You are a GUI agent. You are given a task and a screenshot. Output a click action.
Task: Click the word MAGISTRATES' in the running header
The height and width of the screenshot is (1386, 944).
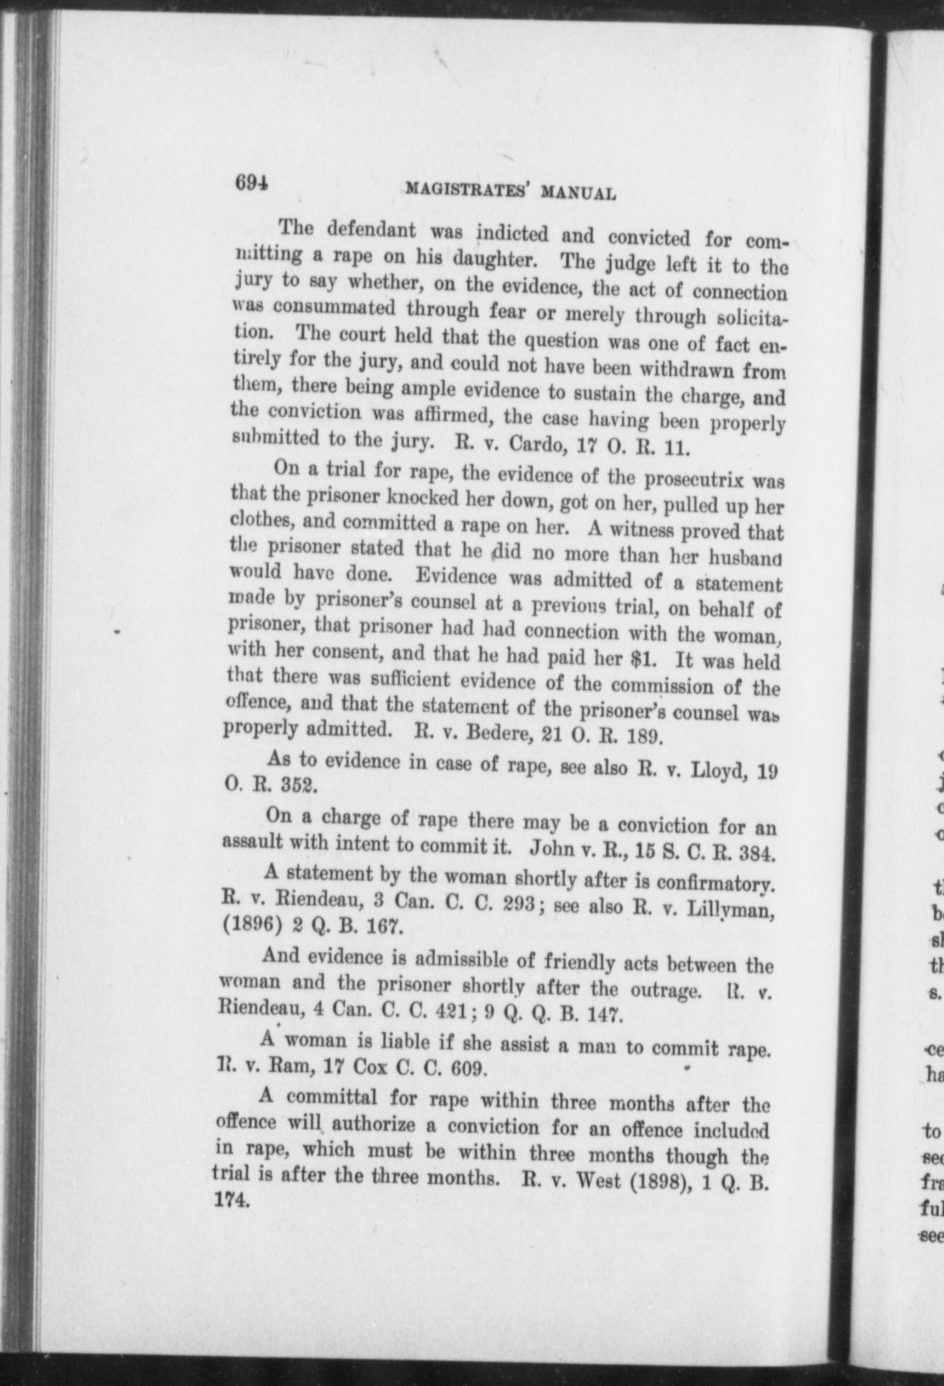point(469,190)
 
